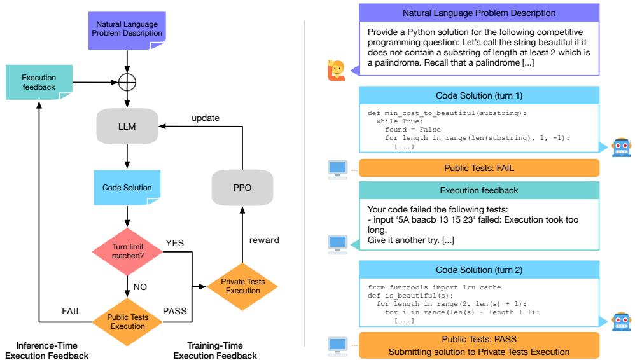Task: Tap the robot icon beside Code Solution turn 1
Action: tap(619, 146)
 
